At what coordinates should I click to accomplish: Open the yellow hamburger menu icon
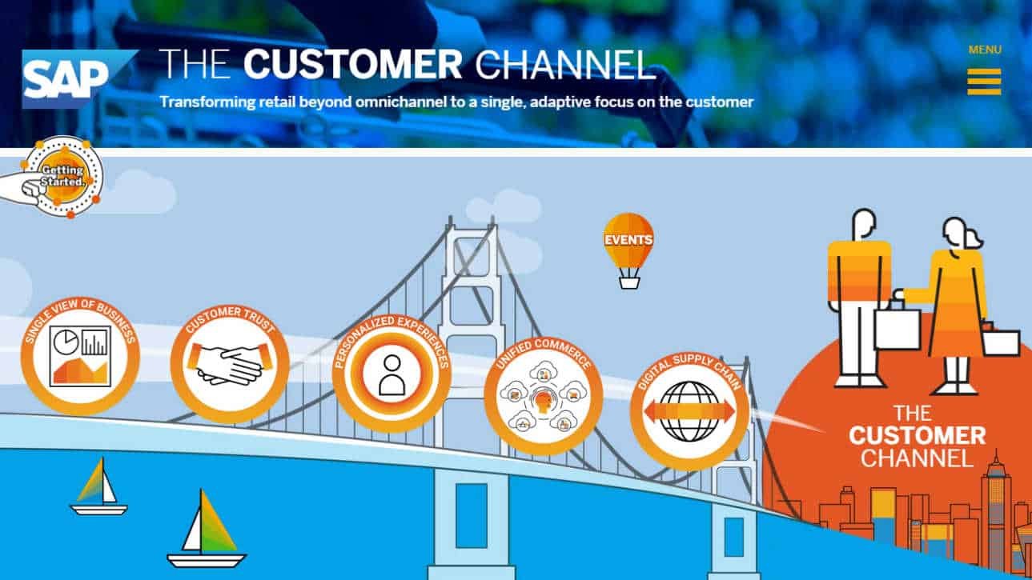click(x=984, y=82)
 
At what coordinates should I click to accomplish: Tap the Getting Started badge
click(x=62, y=177)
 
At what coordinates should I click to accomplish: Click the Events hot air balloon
click(x=628, y=240)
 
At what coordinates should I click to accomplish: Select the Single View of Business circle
click(x=80, y=356)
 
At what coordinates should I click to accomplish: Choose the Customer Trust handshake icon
click(x=230, y=365)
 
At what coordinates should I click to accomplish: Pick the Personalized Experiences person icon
click(x=392, y=374)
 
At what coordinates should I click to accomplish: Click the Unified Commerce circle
click(x=543, y=395)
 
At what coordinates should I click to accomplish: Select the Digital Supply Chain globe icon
click(x=689, y=411)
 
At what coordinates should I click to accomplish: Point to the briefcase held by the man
click(x=897, y=328)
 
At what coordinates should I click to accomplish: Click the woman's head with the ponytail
click(x=958, y=232)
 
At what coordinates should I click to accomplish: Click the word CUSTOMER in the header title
click(x=353, y=65)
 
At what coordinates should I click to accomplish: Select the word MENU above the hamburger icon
click(x=985, y=50)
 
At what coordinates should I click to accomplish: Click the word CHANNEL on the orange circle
click(x=917, y=458)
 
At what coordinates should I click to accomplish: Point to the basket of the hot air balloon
click(x=629, y=280)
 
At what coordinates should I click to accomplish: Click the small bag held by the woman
click(x=1001, y=341)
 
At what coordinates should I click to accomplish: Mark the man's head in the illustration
click(x=864, y=225)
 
